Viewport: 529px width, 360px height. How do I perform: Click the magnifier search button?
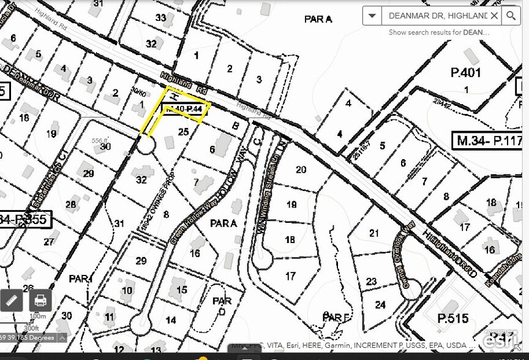click(x=511, y=16)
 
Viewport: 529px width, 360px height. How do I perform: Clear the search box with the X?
click(x=493, y=16)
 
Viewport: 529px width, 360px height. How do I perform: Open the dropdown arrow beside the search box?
click(x=372, y=16)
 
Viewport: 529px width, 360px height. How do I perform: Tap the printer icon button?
click(x=40, y=301)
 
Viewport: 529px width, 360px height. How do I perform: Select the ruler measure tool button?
click(x=12, y=301)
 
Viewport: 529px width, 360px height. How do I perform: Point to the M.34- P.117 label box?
click(x=488, y=141)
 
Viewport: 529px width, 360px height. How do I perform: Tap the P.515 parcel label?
click(x=452, y=318)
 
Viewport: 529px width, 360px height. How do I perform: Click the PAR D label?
click(x=222, y=306)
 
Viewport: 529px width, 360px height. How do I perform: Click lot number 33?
click(x=160, y=18)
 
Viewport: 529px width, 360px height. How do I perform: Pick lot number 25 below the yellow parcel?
click(x=183, y=132)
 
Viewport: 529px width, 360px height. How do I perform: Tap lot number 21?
click(x=374, y=233)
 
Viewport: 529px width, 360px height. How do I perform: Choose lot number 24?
click(x=381, y=304)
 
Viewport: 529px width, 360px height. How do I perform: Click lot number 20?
click(x=301, y=170)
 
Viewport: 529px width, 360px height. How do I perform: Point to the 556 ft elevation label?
click(x=100, y=140)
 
